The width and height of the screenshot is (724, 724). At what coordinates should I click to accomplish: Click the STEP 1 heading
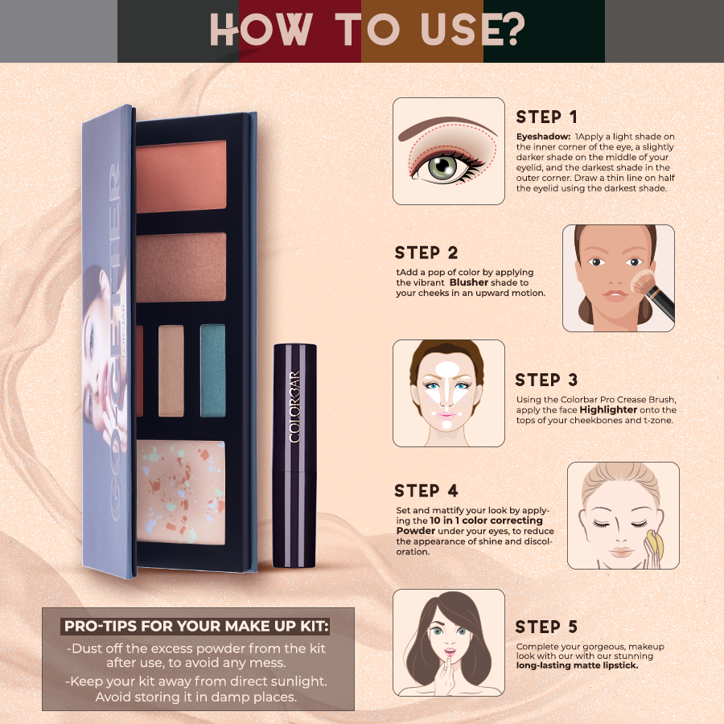546,118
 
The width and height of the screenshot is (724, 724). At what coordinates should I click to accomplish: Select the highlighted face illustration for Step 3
448,393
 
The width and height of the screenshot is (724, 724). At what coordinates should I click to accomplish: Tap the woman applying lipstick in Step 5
448,642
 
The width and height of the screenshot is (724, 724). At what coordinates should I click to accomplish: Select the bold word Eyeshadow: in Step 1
543,138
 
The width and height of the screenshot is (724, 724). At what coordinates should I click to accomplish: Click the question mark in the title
510,30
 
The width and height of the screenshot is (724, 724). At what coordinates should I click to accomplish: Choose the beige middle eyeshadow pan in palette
171,370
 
